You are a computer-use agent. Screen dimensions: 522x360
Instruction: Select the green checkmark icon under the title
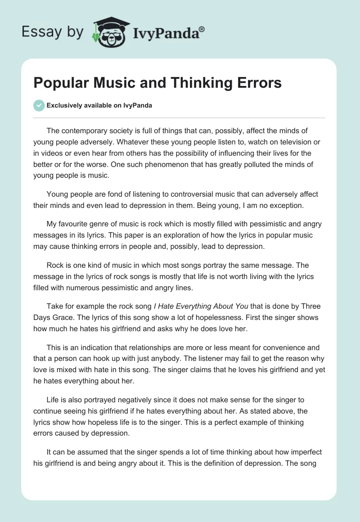39,105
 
